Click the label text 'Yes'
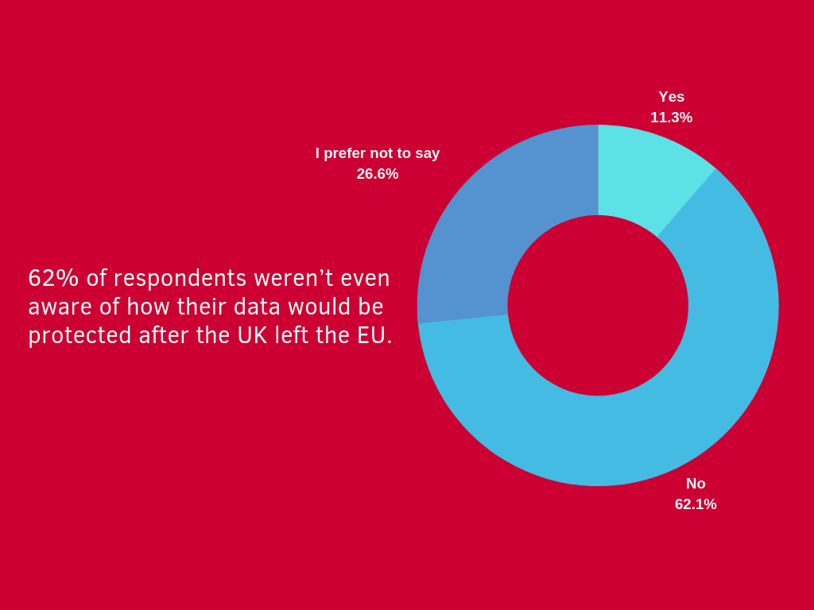(671, 97)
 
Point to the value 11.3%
(671, 118)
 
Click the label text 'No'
(696, 484)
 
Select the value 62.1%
(696, 504)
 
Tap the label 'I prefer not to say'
(378, 153)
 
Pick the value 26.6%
(378, 174)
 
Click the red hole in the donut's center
(598, 306)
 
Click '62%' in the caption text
(53, 278)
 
